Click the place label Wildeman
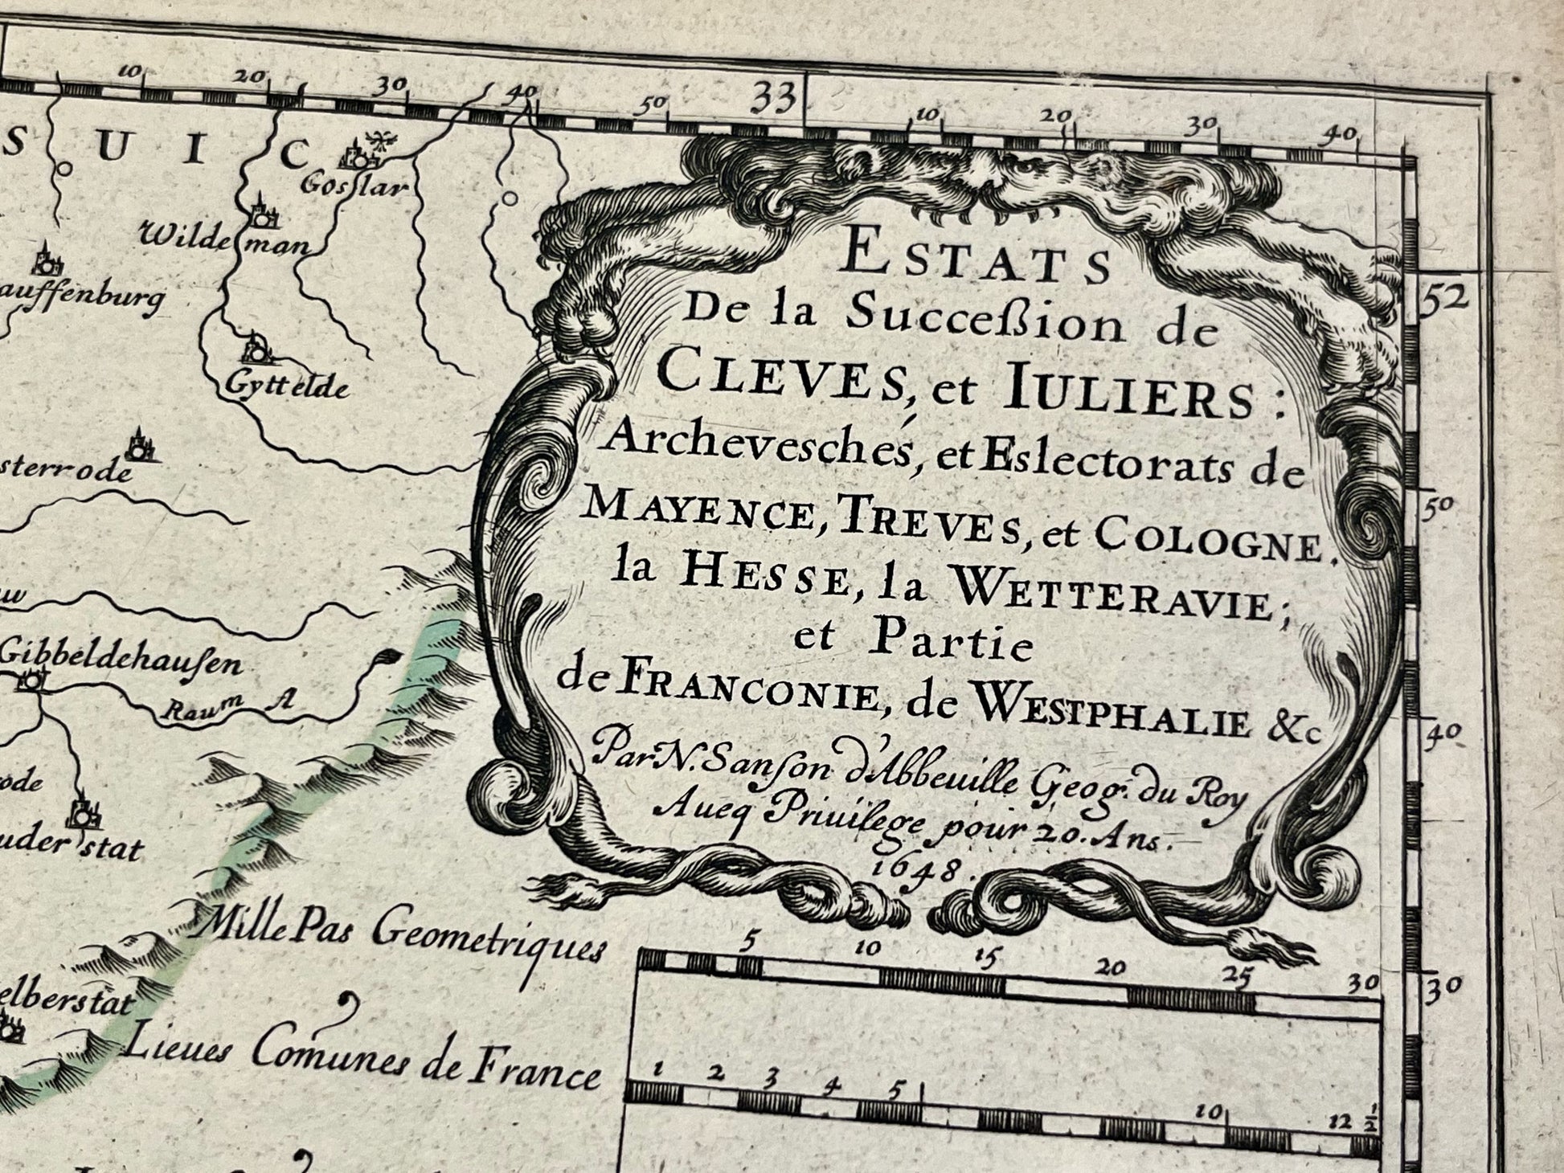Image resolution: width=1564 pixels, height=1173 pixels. pyautogui.click(x=225, y=239)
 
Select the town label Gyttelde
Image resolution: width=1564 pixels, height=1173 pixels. pyautogui.click(x=287, y=386)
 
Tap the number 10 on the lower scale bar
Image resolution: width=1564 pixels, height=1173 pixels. pyautogui.click(x=1208, y=1112)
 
